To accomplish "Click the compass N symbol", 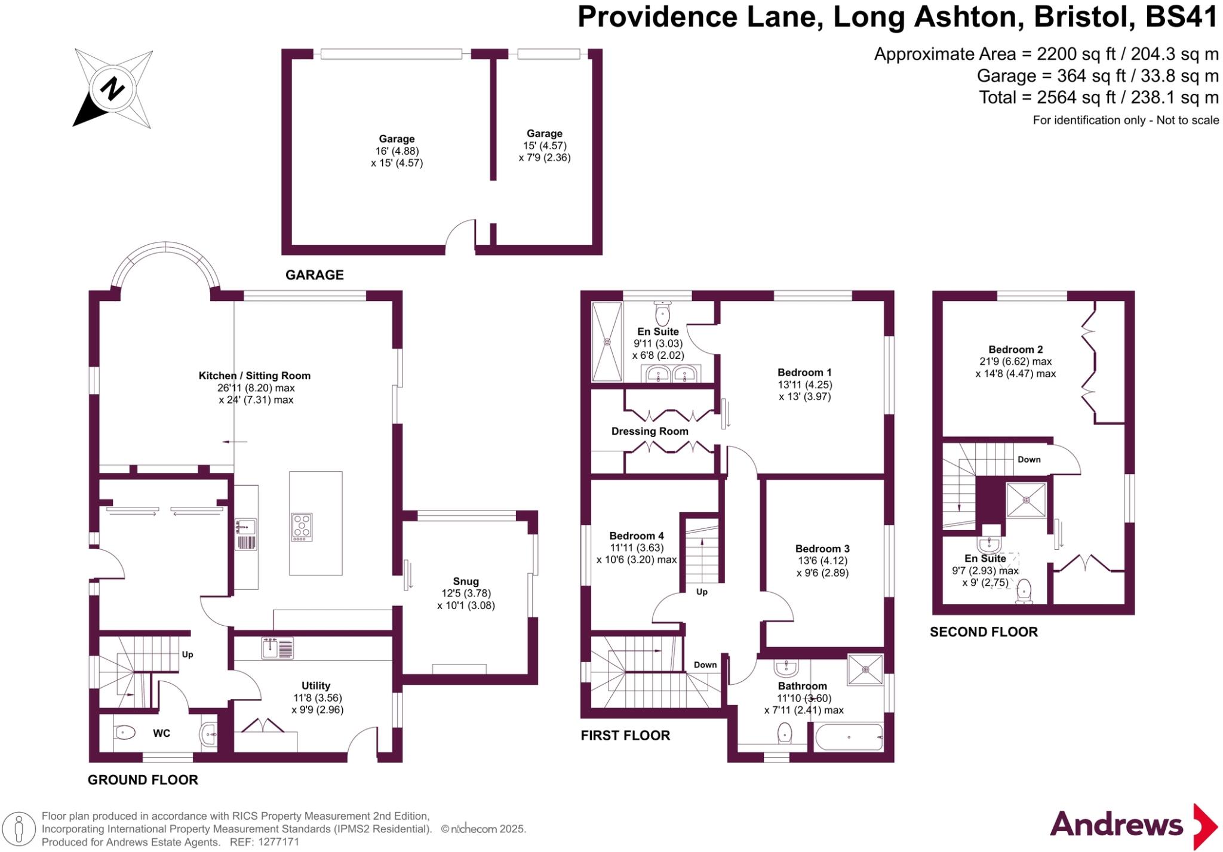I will click(112, 90).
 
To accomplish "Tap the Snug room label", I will click(466, 581).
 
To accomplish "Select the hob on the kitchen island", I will click(302, 527).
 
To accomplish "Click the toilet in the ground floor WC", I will click(125, 731).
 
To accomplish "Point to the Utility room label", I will click(316, 685).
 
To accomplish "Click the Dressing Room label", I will click(650, 431).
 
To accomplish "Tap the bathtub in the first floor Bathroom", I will click(849, 737).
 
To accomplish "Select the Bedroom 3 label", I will click(822, 549).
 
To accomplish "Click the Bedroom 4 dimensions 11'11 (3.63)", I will click(637, 548).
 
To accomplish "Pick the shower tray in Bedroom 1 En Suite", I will click(607, 342).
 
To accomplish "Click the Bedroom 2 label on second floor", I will click(1015, 349).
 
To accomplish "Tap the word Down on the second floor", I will click(1029, 459).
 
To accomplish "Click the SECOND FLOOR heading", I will click(984, 632).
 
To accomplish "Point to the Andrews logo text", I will click(1116, 825).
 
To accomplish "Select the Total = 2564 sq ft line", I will click(1098, 97).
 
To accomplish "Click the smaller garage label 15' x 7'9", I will click(544, 146).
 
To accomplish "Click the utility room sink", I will click(278, 648).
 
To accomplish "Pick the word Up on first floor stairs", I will click(702, 592).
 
